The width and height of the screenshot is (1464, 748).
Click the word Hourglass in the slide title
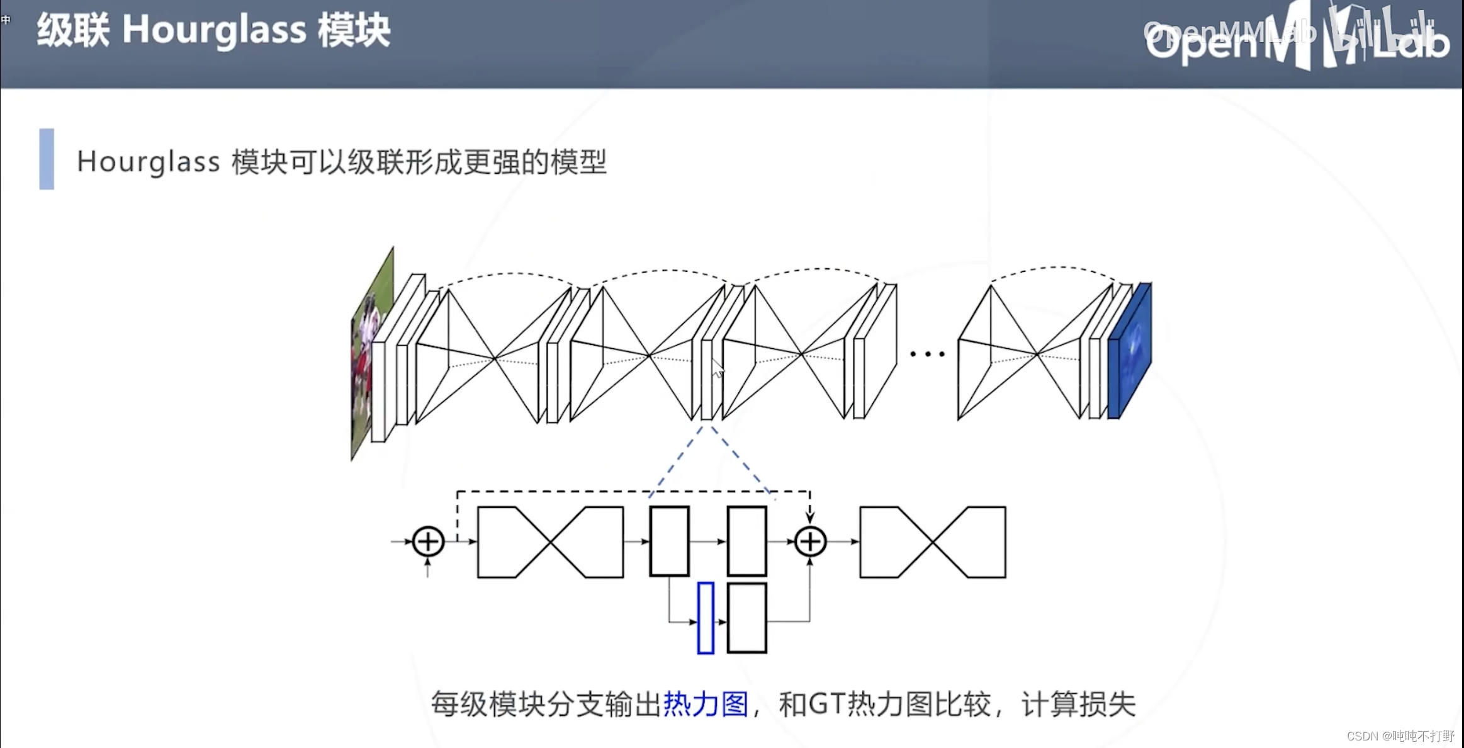coord(214,30)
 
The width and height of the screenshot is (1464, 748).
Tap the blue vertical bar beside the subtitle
coord(47,159)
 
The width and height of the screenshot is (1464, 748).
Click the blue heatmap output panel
coord(1130,350)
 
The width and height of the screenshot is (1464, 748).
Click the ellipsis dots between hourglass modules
coord(927,354)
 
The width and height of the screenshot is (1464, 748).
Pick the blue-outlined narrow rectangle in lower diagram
coord(706,618)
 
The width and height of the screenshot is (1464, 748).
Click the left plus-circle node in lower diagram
coord(428,541)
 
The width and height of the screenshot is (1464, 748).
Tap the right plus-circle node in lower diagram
coord(810,541)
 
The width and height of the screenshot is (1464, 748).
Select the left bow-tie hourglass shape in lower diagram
coord(551,541)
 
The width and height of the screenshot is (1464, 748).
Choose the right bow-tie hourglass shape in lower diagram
coord(933,541)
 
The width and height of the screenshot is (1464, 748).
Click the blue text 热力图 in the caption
coord(706,704)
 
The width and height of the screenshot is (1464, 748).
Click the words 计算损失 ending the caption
coord(1078,704)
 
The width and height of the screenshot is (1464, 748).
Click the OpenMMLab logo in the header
coord(1297,38)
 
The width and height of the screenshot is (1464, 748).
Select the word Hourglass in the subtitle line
coord(149,162)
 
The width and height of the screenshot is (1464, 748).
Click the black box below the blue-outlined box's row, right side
coord(746,618)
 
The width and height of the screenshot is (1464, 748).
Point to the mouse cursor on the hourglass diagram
coord(717,368)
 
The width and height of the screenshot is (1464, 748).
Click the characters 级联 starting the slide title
coord(73,30)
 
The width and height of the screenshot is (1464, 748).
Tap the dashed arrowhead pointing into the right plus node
coord(810,517)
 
